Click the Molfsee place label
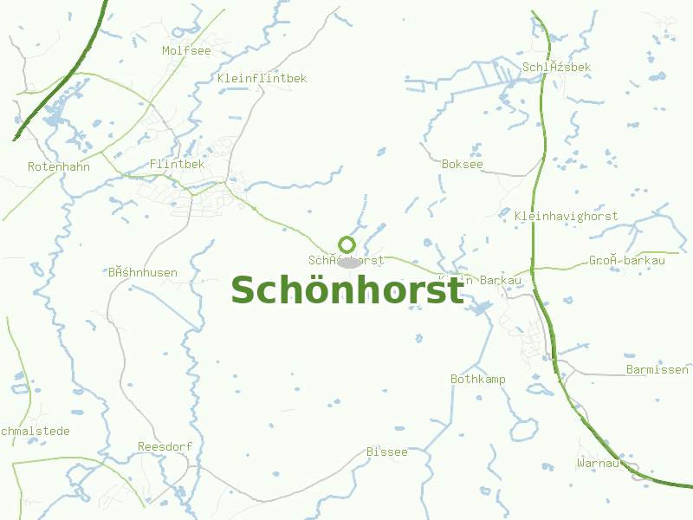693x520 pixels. click(186, 50)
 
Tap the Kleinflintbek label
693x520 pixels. click(262, 78)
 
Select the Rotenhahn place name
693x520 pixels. click(59, 166)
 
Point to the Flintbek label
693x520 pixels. click(177, 164)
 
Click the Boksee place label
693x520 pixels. click(463, 164)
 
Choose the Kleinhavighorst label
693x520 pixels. click(566, 216)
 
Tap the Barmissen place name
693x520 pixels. click(657, 370)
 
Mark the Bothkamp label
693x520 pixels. click(478, 380)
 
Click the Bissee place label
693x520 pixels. click(386, 452)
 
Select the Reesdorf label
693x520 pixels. click(165, 446)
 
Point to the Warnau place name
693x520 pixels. click(599, 464)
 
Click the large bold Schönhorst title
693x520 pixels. click(347, 290)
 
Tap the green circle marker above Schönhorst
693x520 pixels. click(347, 244)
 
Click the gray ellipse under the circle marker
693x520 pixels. click(349, 262)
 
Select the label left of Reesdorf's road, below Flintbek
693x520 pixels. click(143, 273)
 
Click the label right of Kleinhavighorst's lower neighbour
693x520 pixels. click(627, 260)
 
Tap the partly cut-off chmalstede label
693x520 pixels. click(36, 431)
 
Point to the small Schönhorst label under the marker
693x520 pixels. click(346, 260)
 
